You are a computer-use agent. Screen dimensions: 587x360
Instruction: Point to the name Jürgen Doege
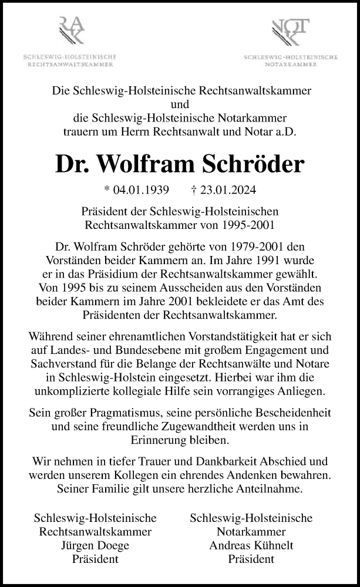(x=95, y=545)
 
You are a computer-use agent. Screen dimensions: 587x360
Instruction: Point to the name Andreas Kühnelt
(x=251, y=545)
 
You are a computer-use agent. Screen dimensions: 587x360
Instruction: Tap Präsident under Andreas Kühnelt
(x=251, y=559)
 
